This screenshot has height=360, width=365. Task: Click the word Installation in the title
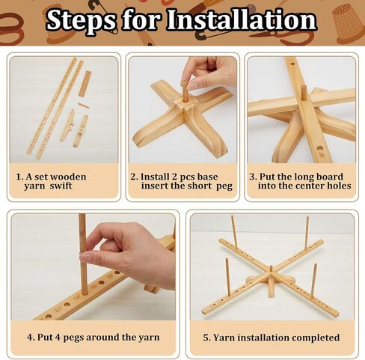pyautogui.click(x=242, y=20)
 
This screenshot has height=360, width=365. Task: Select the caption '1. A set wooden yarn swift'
pyautogui.click(x=51, y=181)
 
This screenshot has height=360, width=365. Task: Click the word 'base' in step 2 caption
pyautogui.click(x=207, y=177)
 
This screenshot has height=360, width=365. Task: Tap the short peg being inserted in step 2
pyautogui.click(x=185, y=92)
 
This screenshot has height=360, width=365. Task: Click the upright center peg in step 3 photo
pyautogui.click(x=304, y=93)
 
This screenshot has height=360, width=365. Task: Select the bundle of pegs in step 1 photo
pyautogui.click(x=85, y=84)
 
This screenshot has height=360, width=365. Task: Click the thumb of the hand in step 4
pyautogui.click(x=96, y=255)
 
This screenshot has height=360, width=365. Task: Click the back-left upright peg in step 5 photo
pyautogui.click(x=233, y=231)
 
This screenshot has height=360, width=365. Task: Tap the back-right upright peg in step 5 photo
pyautogui.click(x=307, y=231)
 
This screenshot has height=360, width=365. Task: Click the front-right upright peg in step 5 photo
pyautogui.click(x=314, y=277)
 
